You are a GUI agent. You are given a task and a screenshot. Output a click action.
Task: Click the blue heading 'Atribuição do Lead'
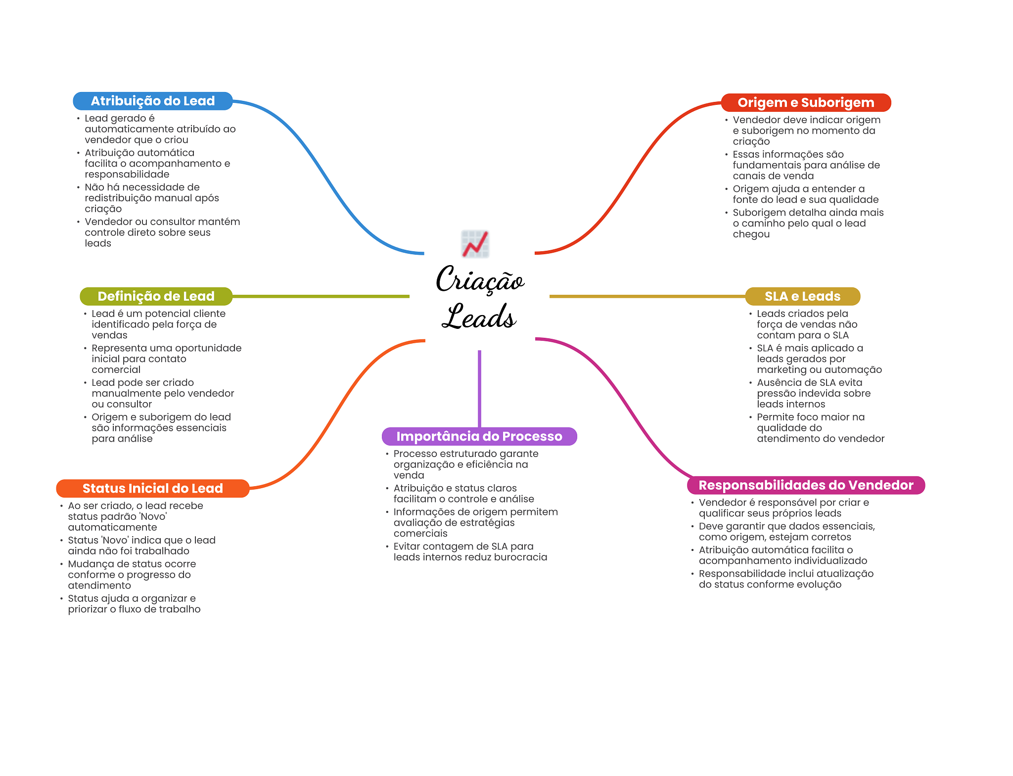click(152, 101)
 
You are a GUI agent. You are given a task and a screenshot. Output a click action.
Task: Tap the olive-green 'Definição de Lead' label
click(156, 296)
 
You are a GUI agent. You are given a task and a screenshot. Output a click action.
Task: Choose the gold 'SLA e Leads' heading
click(802, 296)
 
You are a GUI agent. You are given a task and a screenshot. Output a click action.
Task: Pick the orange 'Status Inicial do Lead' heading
click(152, 488)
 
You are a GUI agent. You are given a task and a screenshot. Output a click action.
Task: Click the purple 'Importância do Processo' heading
click(479, 436)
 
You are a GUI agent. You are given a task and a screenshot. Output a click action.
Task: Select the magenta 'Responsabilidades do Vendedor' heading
click(805, 485)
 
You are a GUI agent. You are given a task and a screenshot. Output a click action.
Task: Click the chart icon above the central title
click(475, 244)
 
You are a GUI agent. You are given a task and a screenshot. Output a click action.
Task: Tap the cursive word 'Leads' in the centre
click(479, 317)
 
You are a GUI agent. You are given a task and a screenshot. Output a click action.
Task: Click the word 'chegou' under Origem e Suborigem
click(751, 234)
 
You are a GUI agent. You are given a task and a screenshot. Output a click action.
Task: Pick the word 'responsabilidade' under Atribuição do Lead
click(127, 174)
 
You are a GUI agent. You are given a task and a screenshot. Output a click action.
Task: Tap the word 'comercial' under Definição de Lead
click(116, 369)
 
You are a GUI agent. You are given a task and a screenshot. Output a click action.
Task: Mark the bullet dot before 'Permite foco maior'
click(750, 417)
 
